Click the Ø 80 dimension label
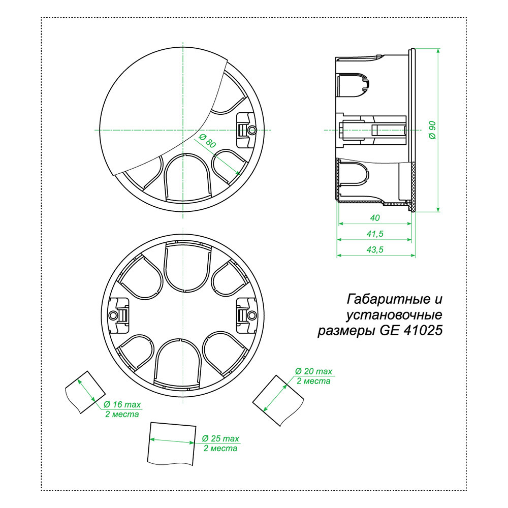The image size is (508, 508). [x=207, y=141]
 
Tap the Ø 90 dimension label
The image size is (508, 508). [x=432, y=130]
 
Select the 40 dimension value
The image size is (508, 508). [x=375, y=218]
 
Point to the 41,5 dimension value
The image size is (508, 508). [x=375, y=234]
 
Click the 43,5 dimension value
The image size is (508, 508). [x=375, y=250]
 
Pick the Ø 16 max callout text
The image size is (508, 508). [x=122, y=404]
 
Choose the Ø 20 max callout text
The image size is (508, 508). [x=313, y=371]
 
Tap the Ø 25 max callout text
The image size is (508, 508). [x=220, y=439]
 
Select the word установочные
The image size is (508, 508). [x=394, y=315]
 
